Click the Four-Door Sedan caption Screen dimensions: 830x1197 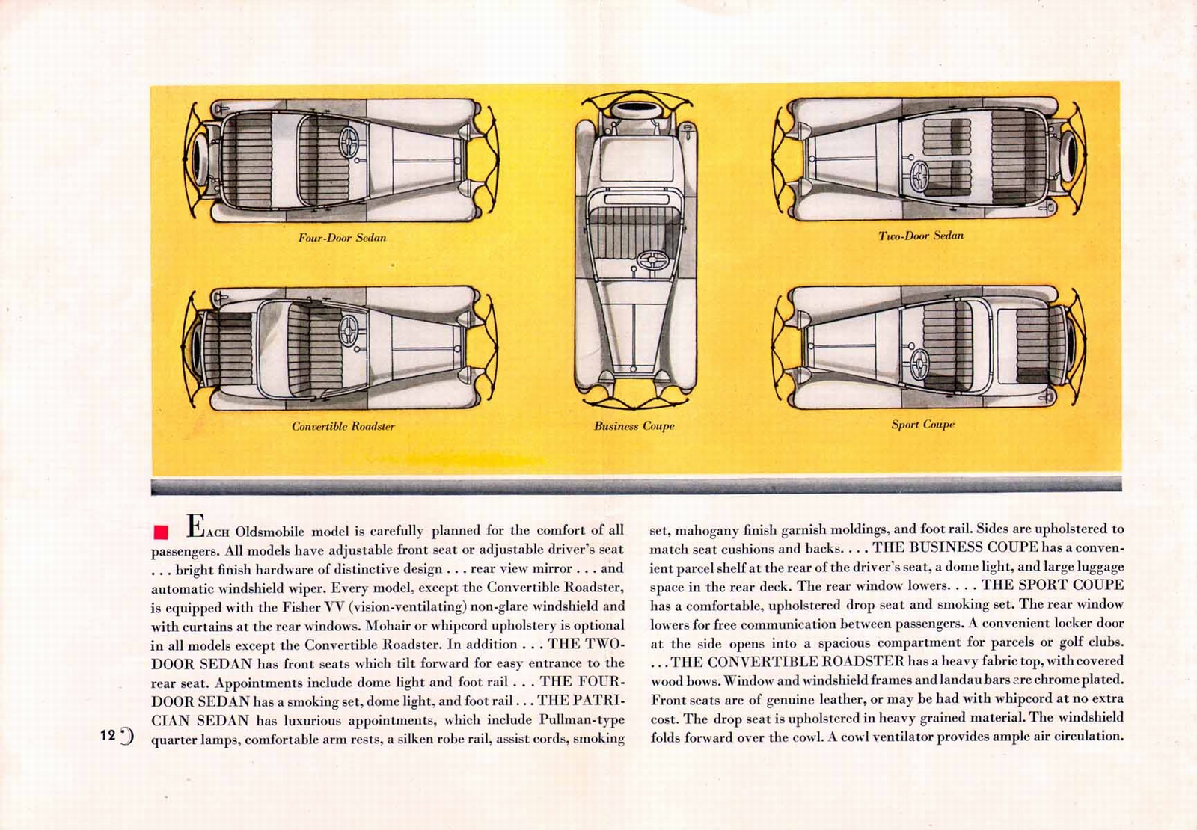[x=342, y=238]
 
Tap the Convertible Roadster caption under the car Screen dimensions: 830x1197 [x=343, y=426]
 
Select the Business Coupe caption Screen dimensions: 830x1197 [x=634, y=426]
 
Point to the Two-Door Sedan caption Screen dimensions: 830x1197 [x=921, y=236]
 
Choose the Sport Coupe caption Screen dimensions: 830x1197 [x=922, y=425]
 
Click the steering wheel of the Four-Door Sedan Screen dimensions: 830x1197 [x=349, y=140]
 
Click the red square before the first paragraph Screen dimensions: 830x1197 [x=159, y=532]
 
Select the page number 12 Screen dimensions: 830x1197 [x=108, y=735]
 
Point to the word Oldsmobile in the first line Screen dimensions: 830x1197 [x=269, y=532]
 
